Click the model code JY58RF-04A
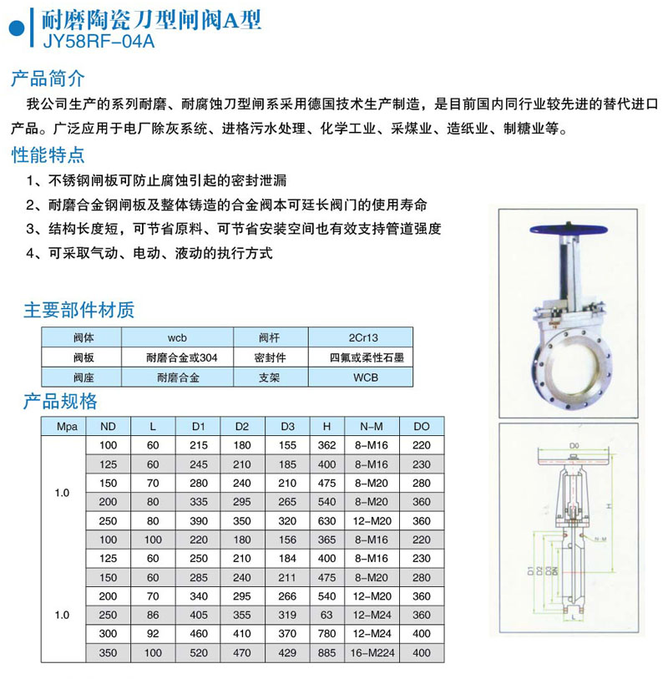92,38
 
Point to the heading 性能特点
47,155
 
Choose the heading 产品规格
60,400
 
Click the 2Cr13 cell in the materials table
360,338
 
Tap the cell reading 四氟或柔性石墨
360,357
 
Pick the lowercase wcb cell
176,338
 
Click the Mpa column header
65,426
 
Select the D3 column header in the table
287,426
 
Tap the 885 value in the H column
326,652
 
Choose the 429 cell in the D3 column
287,652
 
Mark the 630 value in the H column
326,520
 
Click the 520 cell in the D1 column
198,652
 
